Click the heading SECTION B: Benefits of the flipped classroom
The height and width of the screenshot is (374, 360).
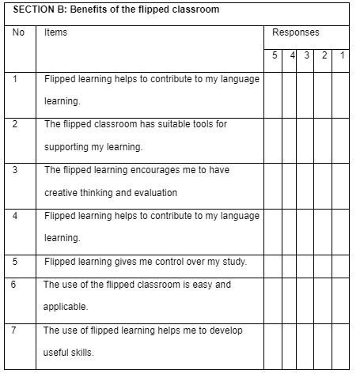pyautogui.click(x=116, y=10)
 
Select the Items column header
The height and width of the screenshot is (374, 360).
pyautogui.click(x=56, y=32)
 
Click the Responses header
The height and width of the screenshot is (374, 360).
pyautogui.click(x=295, y=33)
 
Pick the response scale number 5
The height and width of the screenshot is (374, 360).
pyautogui.click(x=274, y=55)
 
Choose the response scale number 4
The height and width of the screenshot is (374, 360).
pyautogui.click(x=292, y=55)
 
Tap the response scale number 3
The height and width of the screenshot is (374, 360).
pyautogui.click(x=306, y=55)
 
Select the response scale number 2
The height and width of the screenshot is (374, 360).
pyautogui.click(x=324, y=55)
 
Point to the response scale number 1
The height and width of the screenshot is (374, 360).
pyautogui.click(x=341, y=55)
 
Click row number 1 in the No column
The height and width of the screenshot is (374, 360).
pyautogui.click(x=16, y=79)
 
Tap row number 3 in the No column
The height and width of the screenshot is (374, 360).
pyautogui.click(x=16, y=170)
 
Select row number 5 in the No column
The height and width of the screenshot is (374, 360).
pyautogui.click(x=16, y=261)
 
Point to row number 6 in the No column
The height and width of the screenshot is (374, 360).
pyautogui.click(x=16, y=284)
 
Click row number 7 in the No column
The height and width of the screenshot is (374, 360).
pyautogui.click(x=16, y=329)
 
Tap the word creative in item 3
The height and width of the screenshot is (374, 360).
pyautogui.click(x=60, y=192)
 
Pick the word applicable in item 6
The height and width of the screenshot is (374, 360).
pyautogui.click(x=65, y=306)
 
